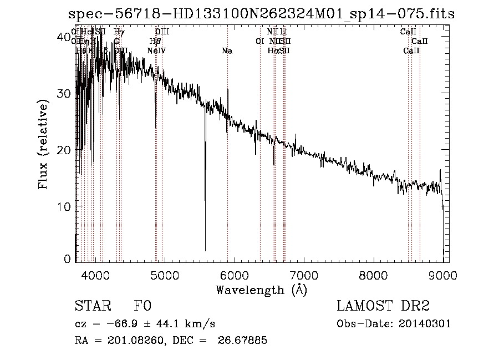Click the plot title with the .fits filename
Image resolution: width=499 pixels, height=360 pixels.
tap(261, 15)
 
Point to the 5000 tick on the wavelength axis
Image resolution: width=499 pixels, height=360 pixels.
tap(164, 274)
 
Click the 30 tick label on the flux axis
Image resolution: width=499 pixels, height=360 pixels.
tap(64, 93)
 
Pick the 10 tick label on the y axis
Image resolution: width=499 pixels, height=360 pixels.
tap(64, 206)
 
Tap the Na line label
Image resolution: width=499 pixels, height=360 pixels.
tap(227, 51)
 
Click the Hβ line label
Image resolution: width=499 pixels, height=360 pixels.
tap(155, 42)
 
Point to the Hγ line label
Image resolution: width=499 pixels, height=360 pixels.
tap(118, 32)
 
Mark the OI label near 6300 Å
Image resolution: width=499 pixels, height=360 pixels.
tap(259, 42)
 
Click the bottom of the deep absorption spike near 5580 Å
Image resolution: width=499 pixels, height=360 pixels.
tap(205, 250)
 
